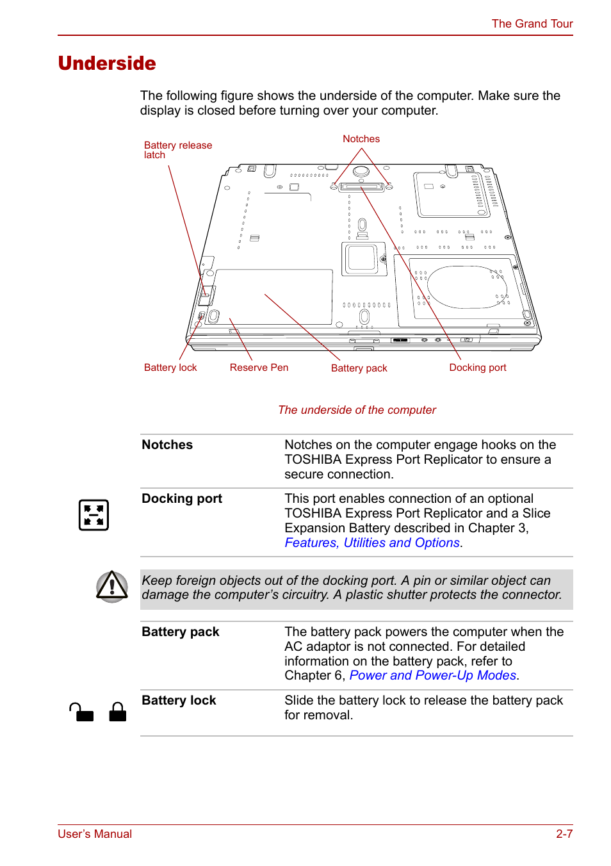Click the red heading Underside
click(x=107, y=63)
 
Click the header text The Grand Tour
click(x=532, y=24)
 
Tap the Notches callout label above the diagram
click(x=361, y=139)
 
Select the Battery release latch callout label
click(x=177, y=150)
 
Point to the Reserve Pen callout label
click(x=259, y=368)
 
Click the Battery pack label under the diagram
click(x=359, y=368)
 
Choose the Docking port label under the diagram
click(x=478, y=368)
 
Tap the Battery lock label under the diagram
click(x=170, y=368)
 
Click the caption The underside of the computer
click(x=357, y=410)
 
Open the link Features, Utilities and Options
click(x=372, y=543)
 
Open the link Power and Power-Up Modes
click(x=433, y=675)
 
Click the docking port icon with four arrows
click(x=94, y=515)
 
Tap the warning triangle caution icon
click(x=112, y=586)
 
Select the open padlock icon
click(x=81, y=712)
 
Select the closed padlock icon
click(x=118, y=712)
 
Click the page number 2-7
click(x=564, y=834)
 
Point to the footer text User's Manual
click(x=95, y=834)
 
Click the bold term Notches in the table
click(x=167, y=445)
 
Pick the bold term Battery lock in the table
click(x=179, y=700)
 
